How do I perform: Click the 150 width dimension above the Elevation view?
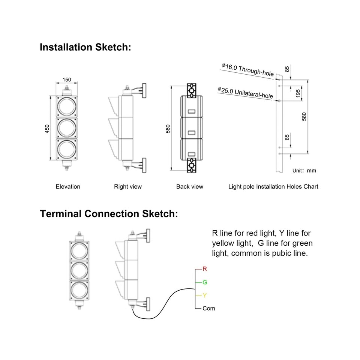click(x=67, y=79)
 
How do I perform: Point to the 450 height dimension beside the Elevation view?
click(x=47, y=129)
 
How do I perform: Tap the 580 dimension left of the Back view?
click(x=168, y=129)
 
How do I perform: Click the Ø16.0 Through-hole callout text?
click(x=247, y=70)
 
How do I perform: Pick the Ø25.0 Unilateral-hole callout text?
click(x=245, y=93)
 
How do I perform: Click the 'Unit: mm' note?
click(x=304, y=171)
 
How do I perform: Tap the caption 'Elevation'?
click(x=68, y=186)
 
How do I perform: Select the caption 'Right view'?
click(x=128, y=186)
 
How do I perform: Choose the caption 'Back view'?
click(x=190, y=186)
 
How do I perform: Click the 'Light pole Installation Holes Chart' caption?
click(x=273, y=186)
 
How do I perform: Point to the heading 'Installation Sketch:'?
click(x=85, y=48)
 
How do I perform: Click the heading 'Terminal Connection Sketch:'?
click(x=108, y=214)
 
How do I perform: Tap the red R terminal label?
click(x=204, y=269)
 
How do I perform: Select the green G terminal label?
click(x=204, y=282)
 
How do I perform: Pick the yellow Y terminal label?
click(x=204, y=295)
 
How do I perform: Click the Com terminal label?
click(x=208, y=308)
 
